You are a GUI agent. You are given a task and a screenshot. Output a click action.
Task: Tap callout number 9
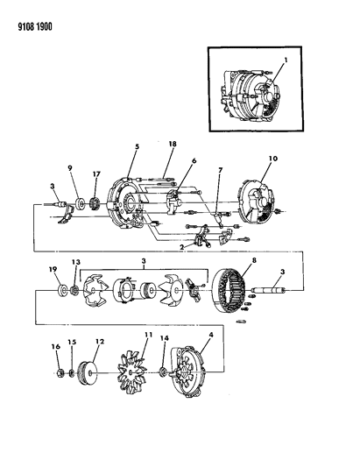click(x=70, y=169)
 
